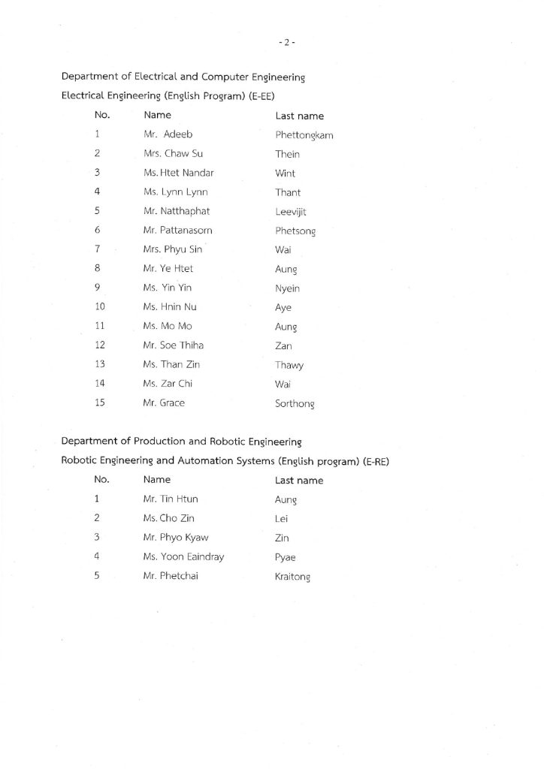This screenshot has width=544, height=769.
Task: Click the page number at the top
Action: coord(286,43)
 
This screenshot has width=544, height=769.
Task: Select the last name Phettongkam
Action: coord(304,135)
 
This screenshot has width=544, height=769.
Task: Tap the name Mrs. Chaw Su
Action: coord(173,154)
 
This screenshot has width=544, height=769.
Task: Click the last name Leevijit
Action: coord(292,212)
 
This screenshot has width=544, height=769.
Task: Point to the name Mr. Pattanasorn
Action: coord(177,231)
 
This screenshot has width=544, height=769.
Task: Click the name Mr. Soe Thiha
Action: coord(174,345)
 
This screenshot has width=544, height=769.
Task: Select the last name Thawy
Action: coord(289,365)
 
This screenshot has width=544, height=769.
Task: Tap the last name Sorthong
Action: coord(295,403)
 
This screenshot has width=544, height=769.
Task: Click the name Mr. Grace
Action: coord(164,403)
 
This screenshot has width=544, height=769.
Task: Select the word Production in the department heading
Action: coord(156,442)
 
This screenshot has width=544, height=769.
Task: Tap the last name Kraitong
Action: coord(293,577)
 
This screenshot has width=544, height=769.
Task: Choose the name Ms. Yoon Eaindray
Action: coord(183,557)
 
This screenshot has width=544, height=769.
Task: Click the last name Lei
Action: coord(282,518)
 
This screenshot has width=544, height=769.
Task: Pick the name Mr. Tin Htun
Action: coord(171,499)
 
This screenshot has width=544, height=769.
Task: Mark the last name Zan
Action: coord(284,346)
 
